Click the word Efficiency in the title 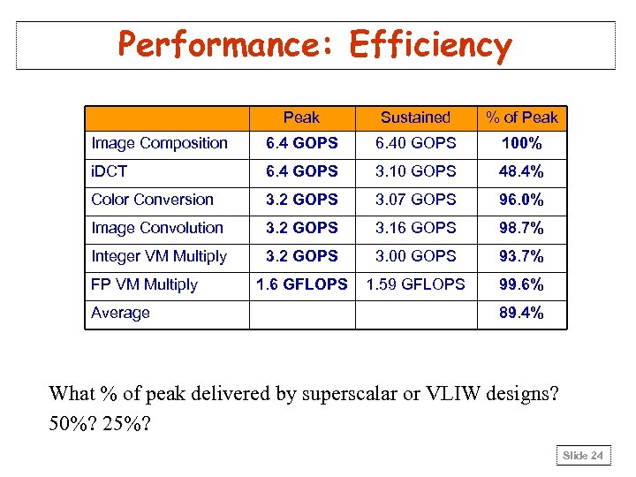point(430,45)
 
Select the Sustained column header point(415,117)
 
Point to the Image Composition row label point(159,143)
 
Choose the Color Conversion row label point(152,200)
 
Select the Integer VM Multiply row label point(159,256)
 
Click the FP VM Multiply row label point(144,284)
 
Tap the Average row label point(120,313)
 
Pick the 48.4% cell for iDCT point(522,171)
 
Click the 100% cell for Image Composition point(522,143)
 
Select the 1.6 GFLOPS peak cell point(301,284)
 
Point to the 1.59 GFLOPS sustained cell point(415,284)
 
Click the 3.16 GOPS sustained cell point(415,228)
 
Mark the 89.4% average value point(522,313)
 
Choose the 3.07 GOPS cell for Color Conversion point(415,200)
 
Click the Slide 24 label point(584,456)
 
